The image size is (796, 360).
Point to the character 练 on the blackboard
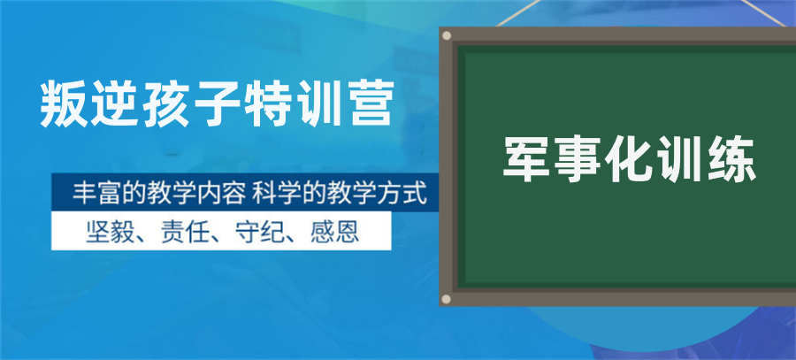733,162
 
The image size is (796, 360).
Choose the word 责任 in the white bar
181,231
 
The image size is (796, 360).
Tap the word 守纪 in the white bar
257,231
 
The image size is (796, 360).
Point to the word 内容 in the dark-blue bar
217,193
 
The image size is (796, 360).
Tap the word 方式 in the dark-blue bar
402,193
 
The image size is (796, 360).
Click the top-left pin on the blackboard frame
447,36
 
